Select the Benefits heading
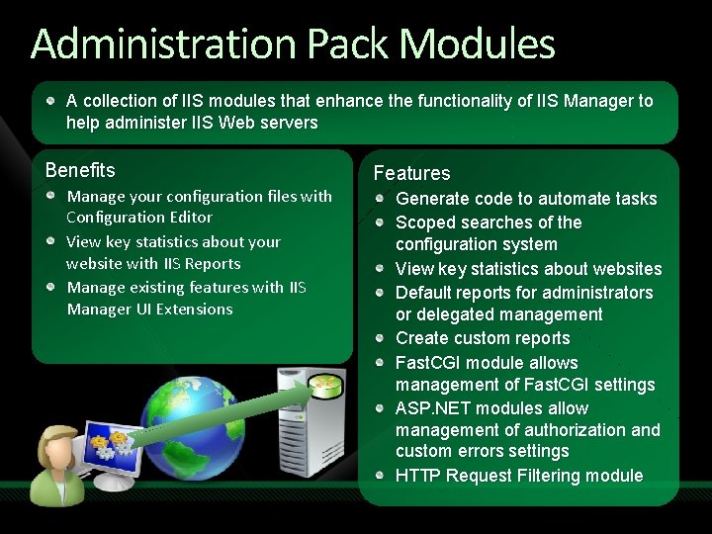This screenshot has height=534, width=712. click(80, 170)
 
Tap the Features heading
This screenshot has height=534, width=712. click(411, 173)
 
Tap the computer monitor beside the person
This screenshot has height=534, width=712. click(111, 450)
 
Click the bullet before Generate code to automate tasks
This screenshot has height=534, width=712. click(381, 198)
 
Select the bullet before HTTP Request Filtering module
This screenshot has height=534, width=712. click(381, 475)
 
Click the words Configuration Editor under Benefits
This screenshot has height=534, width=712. click(139, 218)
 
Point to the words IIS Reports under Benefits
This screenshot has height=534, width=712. click(204, 264)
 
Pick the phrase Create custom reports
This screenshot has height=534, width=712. click(483, 338)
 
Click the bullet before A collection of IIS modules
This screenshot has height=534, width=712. click(51, 101)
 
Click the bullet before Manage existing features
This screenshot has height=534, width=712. click(51, 287)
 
